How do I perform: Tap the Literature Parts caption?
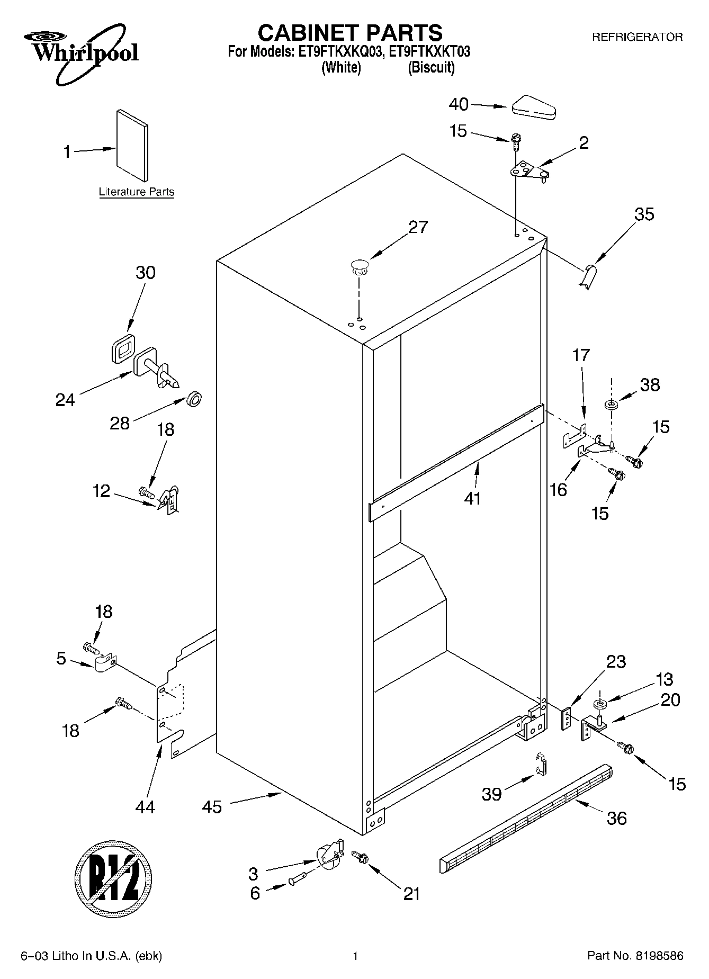tap(137, 192)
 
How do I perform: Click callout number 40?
tap(459, 104)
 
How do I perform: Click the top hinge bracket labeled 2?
tap(528, 172)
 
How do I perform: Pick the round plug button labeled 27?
tap(359, 266)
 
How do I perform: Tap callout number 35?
tap(644, 214)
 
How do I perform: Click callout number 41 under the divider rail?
tap(472, 498)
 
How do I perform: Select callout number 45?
tap(212, 807)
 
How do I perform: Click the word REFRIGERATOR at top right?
tap(637, 37)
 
